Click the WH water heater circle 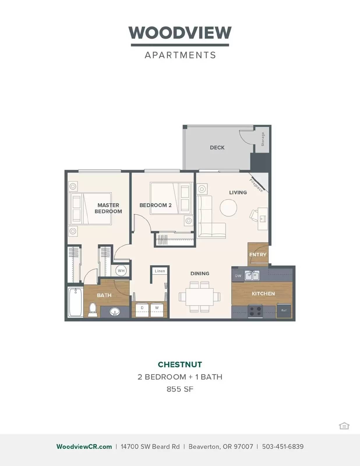tap(121, 271)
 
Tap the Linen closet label tap(160, 271)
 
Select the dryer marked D tap(142, 309)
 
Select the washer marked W tap(157, 309)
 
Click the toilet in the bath tap(93, 309)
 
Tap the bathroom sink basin tap(115, 312)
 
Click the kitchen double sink tap(252, 275)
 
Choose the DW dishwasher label tap(238, 276)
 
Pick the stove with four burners tap(255, 311)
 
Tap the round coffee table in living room tap(228, 208)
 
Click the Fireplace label tap(256, 185)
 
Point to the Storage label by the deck tap(263, 139)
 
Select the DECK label tap(217, 148)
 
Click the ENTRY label tap(258, 255)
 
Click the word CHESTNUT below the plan tap(180, 364)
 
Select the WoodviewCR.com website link tap(84, 446)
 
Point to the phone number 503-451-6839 tap(283, 446)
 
